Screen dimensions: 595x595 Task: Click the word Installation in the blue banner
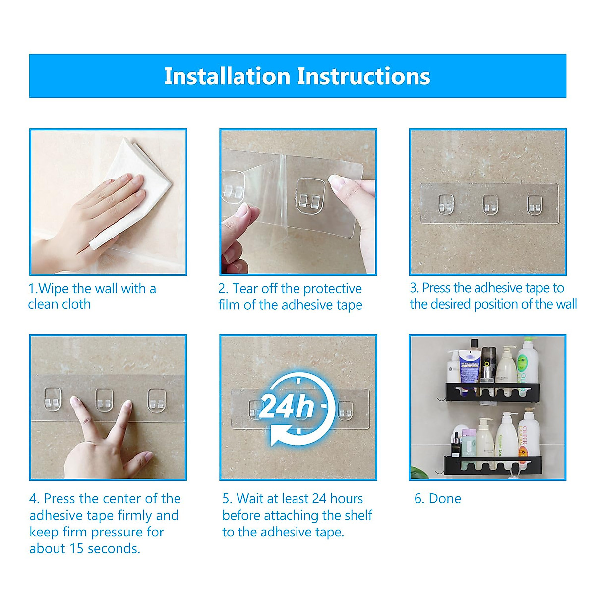[227, 76]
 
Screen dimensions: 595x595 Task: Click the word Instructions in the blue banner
[363, 76]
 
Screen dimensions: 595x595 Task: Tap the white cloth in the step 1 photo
[136, 185]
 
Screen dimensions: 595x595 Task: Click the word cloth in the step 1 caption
[75, 304]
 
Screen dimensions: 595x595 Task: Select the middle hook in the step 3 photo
[490, 204]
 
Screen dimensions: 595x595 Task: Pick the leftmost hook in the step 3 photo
[446, 204]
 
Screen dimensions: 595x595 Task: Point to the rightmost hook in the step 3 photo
[535, 205]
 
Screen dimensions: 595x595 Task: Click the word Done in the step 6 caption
[445, 499]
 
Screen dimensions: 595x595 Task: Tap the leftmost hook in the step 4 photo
[53, 399]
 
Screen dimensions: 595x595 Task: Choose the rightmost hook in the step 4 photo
[157, 401]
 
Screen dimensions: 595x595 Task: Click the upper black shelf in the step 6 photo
[493, 392]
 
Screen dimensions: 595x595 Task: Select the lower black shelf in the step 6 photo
[492, 465]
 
